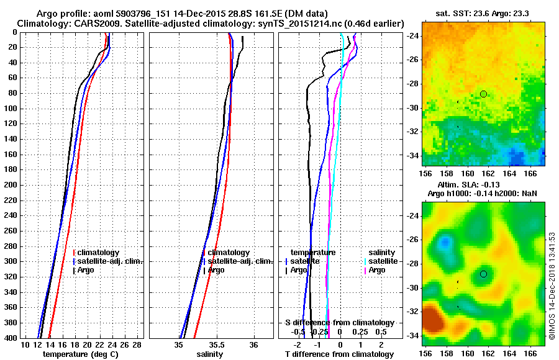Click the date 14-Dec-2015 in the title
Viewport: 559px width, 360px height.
pyautogui.click(x=186, y=13)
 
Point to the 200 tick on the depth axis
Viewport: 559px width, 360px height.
pyautogui.click(x=12, y=185)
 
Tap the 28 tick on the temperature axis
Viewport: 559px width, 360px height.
pyautogui.click(x=137, y=344)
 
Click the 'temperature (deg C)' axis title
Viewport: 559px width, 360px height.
pyautogui.click(x=80, y=354)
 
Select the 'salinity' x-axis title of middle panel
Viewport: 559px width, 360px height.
pyautogui.click(x=209, y=354)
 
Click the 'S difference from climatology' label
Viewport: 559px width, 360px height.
pyautogui.click(x=339, y=323)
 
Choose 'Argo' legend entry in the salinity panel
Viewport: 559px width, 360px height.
pyautogui.click(x=216, y=270)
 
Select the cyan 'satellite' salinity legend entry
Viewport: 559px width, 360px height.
pyautogui.click(x=384, y=261)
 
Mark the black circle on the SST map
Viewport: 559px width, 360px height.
pyautogui.click(x=483, y=94)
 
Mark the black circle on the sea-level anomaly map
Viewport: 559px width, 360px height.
pyautogui.click(x=483, y=274)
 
